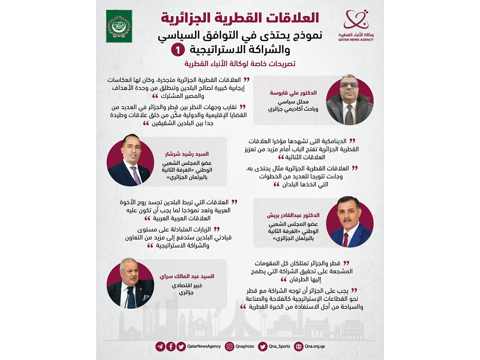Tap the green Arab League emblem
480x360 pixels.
(x=119, y=26)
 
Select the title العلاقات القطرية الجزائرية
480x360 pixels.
(x=240, y=18)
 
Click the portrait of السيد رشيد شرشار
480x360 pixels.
(x=130, y=163)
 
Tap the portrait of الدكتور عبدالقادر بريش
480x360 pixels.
(x=350, y=222)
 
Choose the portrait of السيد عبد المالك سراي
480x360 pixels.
(x=130, y=284)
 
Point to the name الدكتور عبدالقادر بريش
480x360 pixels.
(x=293, y=215)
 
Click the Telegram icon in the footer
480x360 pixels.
(x=160, y=346)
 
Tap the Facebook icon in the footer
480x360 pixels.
(x=171, y=346)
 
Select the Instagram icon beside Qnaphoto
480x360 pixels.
(x=229, y=346)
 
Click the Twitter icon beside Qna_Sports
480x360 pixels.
(x=262, y=346)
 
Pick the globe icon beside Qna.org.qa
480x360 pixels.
(x=298, y=346)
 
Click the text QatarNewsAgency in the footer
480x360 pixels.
(x=204, y=346)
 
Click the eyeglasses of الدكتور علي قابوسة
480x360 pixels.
(x=349, y=85)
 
